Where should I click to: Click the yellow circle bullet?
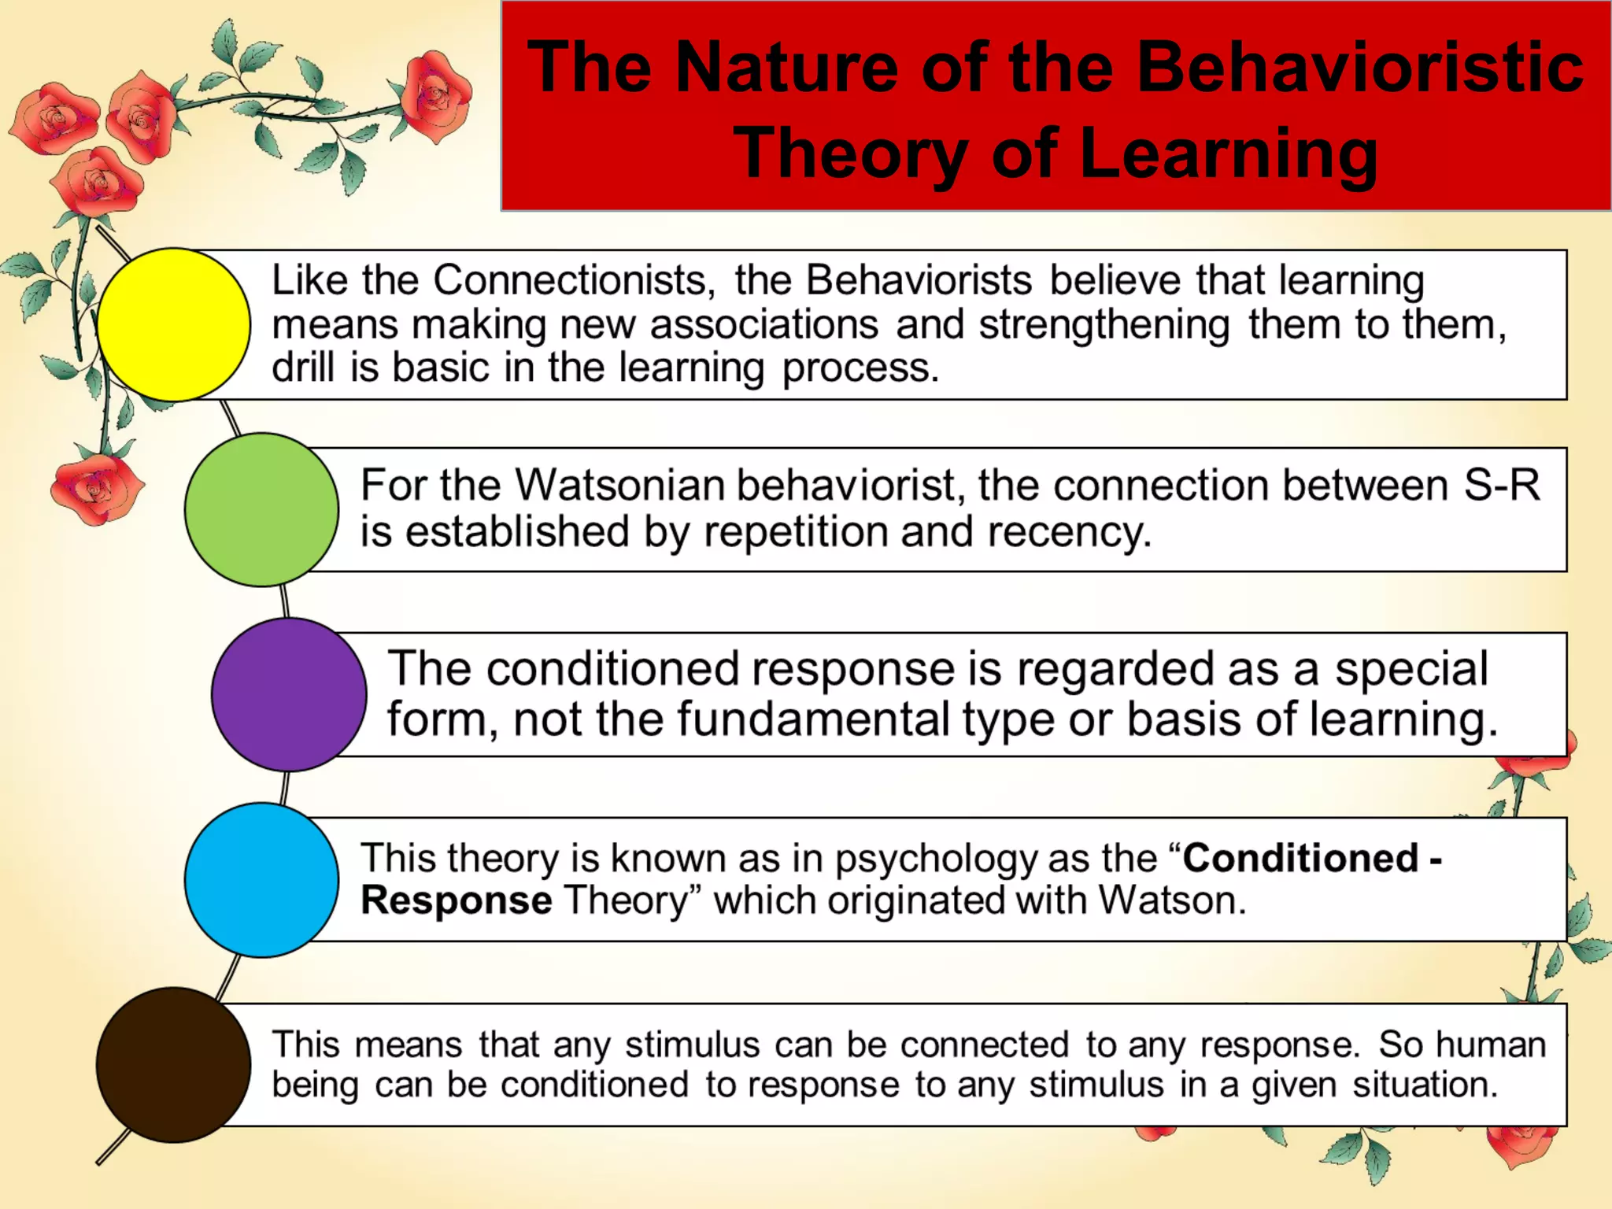(x=174, y=324)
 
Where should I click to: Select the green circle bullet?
(x=261, y=509)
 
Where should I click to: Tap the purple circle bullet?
(x=289, y=694)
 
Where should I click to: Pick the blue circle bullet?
(x=261, y=879)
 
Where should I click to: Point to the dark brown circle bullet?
(x=174, y=1064)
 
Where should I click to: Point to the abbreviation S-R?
(x=1501, y=485)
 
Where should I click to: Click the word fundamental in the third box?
(x=812, y=719)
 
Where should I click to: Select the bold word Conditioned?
(x=1300, y=857)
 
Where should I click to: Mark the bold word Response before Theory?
(x=456, y=900)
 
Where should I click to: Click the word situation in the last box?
(x=1425, y=1085)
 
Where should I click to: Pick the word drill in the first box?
(x=303, y=368)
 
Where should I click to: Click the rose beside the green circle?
(x=96, y=488)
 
